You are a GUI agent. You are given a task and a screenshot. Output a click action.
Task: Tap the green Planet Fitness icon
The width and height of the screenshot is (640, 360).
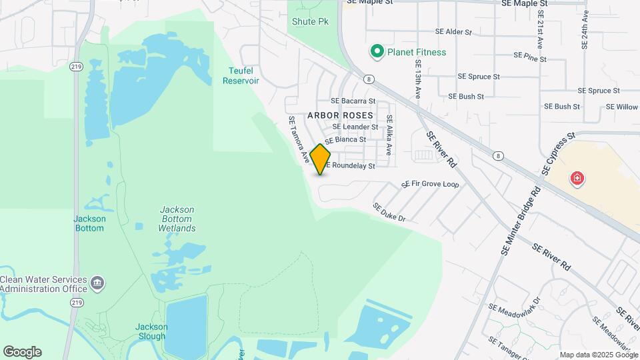(377, 51)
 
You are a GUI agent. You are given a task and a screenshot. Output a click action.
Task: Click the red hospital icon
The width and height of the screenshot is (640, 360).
(577, 179)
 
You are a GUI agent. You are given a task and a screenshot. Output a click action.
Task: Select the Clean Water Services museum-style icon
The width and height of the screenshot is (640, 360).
(97, 283)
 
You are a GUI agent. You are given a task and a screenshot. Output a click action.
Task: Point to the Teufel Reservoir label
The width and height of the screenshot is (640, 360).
(240, 75)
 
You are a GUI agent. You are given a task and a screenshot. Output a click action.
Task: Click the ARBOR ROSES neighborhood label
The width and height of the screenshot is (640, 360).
(340, 115)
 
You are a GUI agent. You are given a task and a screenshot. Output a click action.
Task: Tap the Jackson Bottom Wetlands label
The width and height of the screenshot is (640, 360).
(177, 219)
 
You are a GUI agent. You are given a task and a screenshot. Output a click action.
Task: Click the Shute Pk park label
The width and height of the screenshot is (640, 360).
(310, 21)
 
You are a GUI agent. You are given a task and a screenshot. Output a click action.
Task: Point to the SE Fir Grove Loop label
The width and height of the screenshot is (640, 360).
(430, 184)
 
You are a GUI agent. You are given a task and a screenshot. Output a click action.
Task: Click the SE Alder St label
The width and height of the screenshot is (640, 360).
(453, 31)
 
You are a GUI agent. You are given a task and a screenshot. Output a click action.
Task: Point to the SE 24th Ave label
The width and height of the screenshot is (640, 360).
(585, 30)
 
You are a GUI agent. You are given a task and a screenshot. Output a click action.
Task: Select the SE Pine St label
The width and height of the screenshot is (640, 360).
(530, 59)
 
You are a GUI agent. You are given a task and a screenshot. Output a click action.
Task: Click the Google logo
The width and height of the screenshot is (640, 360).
(22, 352)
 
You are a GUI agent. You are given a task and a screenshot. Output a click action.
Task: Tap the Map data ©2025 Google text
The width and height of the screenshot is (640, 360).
(598, 355)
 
